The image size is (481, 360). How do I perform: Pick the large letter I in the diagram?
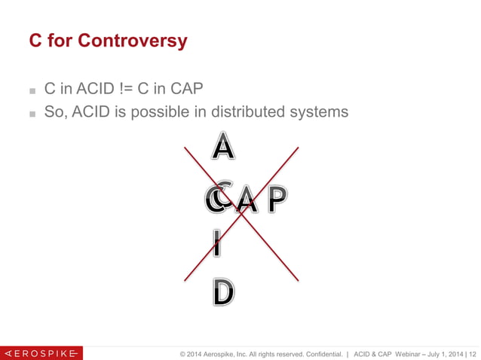(217, 243)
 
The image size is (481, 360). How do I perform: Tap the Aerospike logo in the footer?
(41, 352)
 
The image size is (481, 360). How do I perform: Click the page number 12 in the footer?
(473, 352)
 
